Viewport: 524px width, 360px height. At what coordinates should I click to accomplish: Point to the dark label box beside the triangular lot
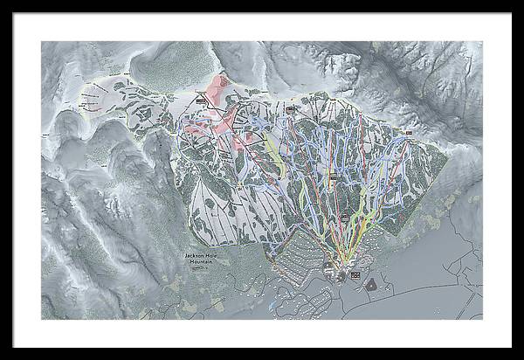[355, 275]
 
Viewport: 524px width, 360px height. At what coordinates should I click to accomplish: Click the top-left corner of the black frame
[2, 2]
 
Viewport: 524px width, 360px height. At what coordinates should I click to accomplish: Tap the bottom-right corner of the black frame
[521, 357]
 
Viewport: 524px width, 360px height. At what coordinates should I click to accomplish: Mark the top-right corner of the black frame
[521, 2]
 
